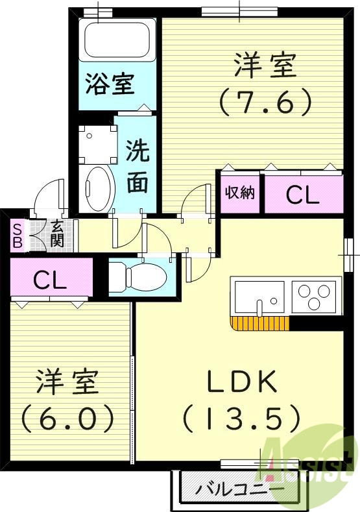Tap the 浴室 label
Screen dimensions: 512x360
[110, 84]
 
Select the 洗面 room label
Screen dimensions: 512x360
[137, 167]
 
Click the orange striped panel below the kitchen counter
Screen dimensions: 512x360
[259, 322]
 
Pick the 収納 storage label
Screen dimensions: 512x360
[239, 193]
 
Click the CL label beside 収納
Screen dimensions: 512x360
[302, 195]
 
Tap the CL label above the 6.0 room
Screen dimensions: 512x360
[50, 280]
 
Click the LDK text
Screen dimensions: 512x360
[241, 383]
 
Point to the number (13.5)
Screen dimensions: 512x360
[241, 419]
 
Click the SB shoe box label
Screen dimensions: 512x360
[18, 235]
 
